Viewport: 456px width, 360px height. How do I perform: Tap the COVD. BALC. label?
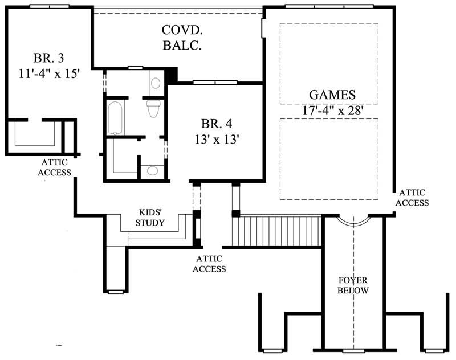coord(181,37)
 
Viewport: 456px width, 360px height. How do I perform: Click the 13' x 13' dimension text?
coord(216,139)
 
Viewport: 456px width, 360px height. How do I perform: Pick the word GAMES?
coord(332,95)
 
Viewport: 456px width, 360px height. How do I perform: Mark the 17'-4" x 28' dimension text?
coord(332,110)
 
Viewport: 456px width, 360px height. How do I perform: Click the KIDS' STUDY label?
coord(150,218)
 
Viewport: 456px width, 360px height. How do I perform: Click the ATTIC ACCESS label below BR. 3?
coord(55,167)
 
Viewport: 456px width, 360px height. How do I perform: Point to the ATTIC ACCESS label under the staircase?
coord(210,263)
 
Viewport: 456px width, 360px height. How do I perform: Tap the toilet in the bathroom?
coord(153,108)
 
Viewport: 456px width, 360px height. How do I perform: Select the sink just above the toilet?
coord(156,83)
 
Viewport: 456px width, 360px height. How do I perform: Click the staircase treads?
coord(279,231)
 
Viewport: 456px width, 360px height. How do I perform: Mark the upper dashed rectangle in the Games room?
coord(329,64)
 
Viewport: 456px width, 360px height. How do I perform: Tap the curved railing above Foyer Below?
coord(353,220)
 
